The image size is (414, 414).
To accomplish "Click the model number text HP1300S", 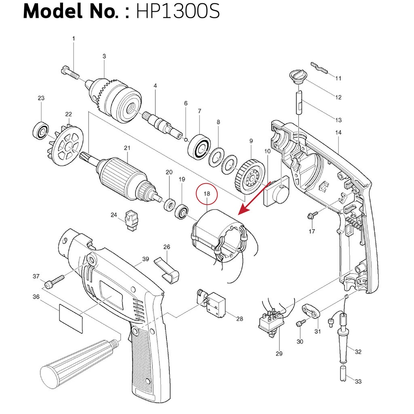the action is (178, 11).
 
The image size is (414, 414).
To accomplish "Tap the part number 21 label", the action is (127, 148).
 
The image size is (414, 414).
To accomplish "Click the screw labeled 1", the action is (70, 72).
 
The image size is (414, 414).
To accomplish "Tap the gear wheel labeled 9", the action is (249, 177).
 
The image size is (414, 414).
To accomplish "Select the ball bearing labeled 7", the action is (199, 147).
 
